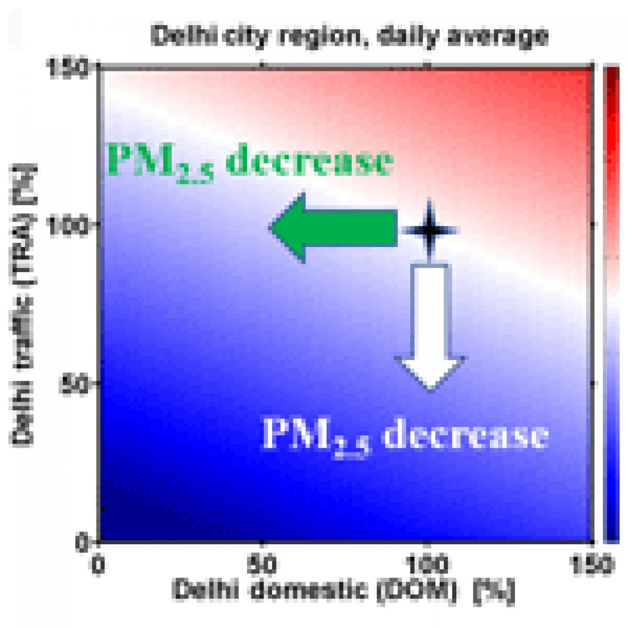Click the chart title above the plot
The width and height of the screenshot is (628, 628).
point(349,36)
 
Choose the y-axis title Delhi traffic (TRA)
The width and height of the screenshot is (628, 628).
point(23,304)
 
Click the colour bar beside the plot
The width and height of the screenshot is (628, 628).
point(611,304)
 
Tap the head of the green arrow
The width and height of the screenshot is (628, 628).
point(288,228)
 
